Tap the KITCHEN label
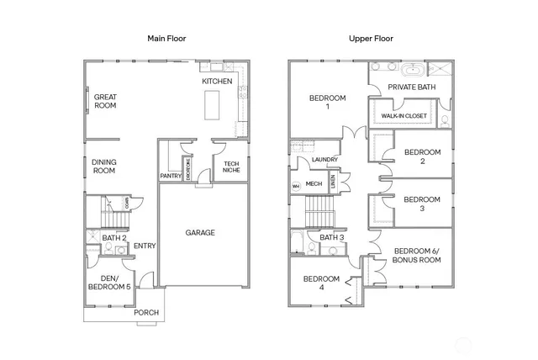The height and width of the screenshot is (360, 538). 217,81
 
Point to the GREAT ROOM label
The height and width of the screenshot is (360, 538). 105,102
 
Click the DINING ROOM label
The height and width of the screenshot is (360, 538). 103,166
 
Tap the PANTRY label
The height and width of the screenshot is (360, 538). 171,176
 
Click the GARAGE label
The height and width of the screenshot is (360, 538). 201,232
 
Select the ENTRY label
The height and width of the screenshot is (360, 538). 145,246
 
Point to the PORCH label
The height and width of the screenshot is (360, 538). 146,312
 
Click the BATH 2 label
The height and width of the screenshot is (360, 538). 114,238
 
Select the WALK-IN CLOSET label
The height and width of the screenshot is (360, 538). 404,116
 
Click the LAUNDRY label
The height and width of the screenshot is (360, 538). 324,159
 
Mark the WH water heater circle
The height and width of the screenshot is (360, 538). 296,186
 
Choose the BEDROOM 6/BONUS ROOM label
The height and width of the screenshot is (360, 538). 418,256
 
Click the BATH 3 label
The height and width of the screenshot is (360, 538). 332,237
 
